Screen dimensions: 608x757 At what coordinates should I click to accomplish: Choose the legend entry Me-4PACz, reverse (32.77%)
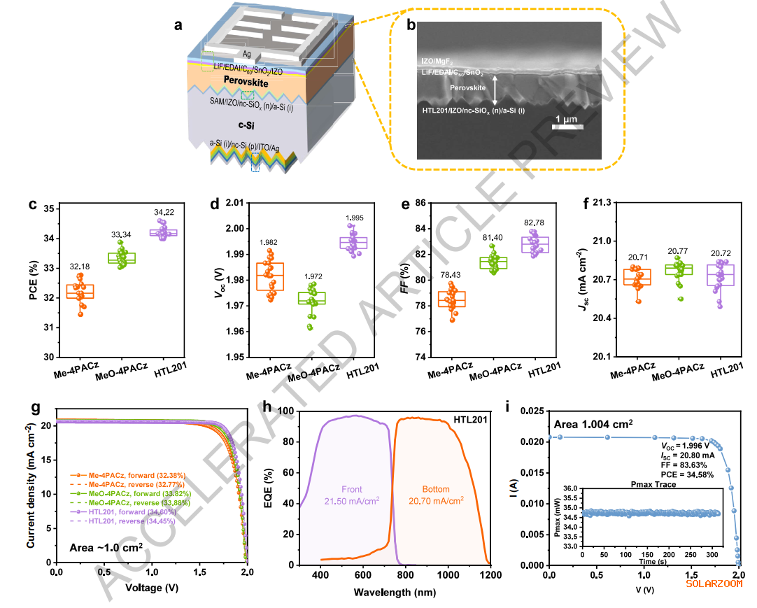tap(117, 482)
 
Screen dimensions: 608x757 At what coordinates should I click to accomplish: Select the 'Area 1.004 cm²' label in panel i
tap(593, 423)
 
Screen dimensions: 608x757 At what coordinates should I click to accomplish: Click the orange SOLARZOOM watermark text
tap(714, 582)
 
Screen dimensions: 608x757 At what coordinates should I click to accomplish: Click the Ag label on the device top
tap(247, 53)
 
